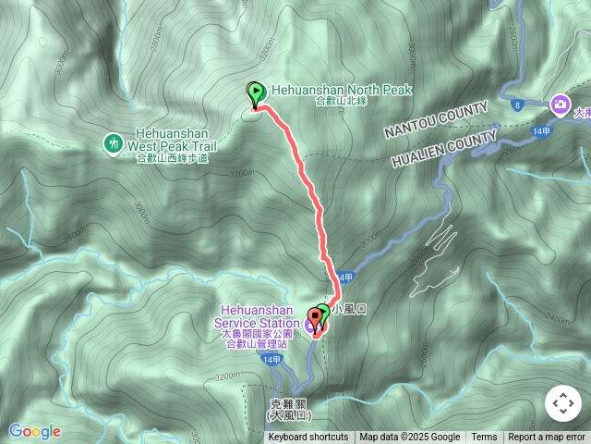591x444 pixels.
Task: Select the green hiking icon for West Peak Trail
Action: [x=113, y=142]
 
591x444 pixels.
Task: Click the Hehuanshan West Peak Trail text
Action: [x=172, y=140]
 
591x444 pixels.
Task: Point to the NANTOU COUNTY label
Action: [x=437, y=120]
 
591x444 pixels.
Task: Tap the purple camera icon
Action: [x=559, y=105]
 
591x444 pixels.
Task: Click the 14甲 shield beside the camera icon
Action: [x=542, y=132]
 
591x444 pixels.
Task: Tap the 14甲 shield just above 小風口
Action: [x=345, y=277]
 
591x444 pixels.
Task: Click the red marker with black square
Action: [x=316, y=321]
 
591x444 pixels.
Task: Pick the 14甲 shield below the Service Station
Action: [x=270, y=359]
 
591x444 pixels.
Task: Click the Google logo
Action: [x=35, y=431]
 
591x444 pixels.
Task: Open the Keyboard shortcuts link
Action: [x=308, y=437]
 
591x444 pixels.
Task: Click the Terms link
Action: [x=484, y=437]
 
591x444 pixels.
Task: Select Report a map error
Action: [x=547, y=437]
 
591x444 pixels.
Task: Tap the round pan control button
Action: [x=562, y=403]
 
